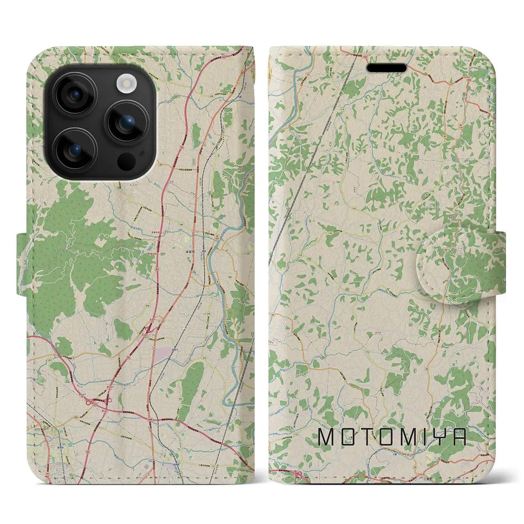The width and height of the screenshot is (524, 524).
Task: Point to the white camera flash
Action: point(126,84)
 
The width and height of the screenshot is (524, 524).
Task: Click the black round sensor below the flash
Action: point(126,161)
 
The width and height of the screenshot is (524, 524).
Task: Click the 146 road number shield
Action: point(181,225)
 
